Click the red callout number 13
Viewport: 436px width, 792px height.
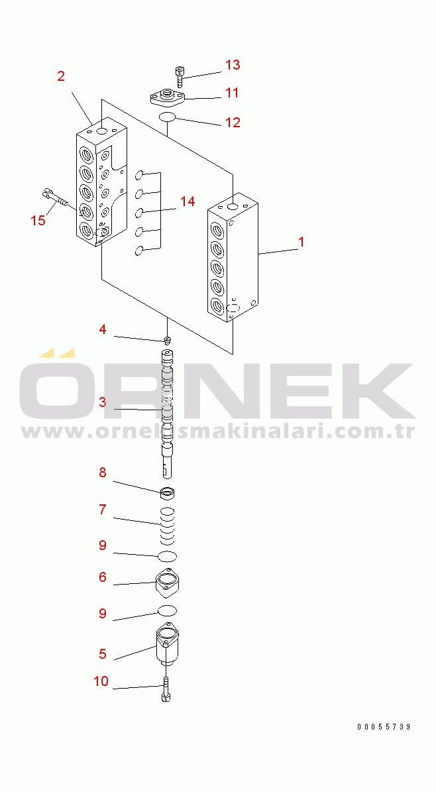coord(233,65)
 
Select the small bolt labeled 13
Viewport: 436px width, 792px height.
coord(179,76)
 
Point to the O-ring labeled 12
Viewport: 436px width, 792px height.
coord(167,117)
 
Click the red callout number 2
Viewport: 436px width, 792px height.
coord(61,76)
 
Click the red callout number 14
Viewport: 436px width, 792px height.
coord(188,201)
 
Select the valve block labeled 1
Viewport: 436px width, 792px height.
coord(233,257)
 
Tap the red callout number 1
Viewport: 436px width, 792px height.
coord(301,242)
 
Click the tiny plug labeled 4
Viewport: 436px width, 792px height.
coord(168,341)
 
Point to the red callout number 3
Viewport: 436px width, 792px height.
coord(103,402)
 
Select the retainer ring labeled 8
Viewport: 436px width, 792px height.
coord(167,492)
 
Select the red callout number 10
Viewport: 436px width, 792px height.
coord(101,681)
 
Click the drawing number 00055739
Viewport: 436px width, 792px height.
coord(384,727)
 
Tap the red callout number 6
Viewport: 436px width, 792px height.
coord(103,577)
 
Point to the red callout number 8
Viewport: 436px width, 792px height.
coord(103,473)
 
